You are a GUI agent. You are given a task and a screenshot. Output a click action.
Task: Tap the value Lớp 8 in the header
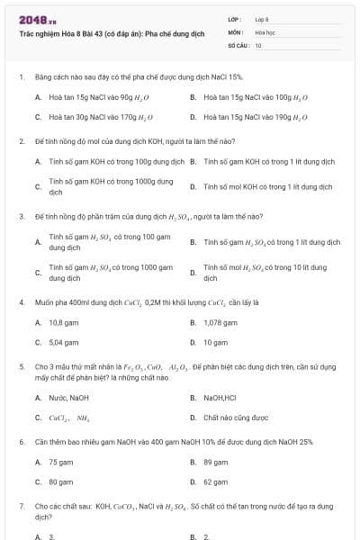(x=262, y=19)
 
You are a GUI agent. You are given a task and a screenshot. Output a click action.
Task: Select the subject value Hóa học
(x=265, y=31)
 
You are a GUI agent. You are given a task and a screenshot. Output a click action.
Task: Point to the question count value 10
(x=258, y=44)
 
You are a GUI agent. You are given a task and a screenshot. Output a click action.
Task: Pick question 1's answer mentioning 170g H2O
(x=100, y=117)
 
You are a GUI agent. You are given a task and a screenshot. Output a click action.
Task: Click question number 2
(x=21, y=141)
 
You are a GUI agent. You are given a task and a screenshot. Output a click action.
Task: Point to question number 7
(x=21, y=507)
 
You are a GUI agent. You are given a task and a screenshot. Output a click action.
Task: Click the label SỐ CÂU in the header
(x=238, y=44)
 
